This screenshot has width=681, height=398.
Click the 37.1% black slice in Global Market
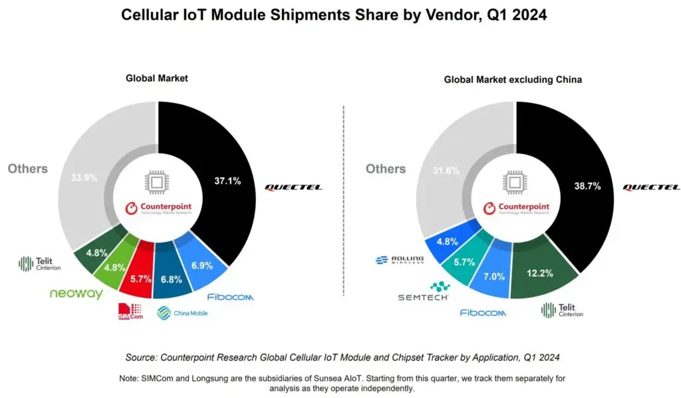pyautogui.click(x=226, y=179)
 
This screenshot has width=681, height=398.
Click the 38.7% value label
pyautogui.click(x=588, y=187)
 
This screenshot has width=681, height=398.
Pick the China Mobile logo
pyautogui.click(x=182, y=312)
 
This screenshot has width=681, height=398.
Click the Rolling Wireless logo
pyautogui.click(x=399, y=261)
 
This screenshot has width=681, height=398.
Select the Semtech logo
pyautogui.click(x=423, y=292)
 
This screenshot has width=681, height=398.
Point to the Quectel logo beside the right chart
pyautogui.click(x=650, y=187)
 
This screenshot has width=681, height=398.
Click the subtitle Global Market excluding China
pyautogui.click(x=513, y=80)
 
